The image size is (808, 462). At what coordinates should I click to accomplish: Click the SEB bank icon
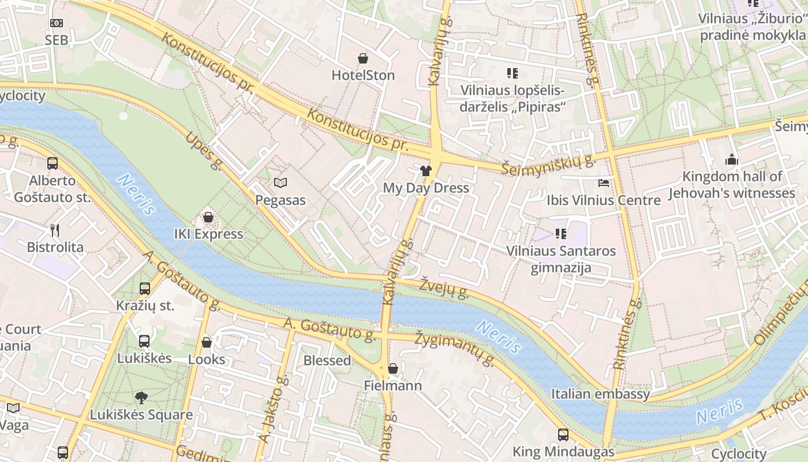click(x=56, y=23)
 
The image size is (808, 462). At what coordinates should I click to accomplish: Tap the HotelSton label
click(x=363, y=75)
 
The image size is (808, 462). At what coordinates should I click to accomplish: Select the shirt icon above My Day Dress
click(x=426, y=170)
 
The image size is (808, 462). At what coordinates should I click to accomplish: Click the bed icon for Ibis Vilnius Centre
click(x=604, y=183)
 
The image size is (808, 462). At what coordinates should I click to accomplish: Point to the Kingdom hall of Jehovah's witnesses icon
click(x=732, y=159)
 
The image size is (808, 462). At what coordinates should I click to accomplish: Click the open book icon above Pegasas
click(x=280, y=183)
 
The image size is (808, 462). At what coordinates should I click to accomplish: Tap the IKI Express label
click(x=208, y=234)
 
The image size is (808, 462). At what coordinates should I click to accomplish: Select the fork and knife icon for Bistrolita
click(x=55, y=230)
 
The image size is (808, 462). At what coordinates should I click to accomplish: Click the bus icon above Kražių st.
click(x=145, y=288)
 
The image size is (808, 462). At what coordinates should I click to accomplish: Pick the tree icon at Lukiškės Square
click(x=141, y=397)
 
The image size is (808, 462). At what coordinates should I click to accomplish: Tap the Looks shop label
click(x=207, y=359)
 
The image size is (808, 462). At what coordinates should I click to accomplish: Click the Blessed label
click(x=327, y=360)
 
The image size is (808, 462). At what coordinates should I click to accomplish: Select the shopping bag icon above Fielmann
click(x=393, y=368)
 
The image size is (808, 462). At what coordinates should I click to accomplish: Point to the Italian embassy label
click(x=600, y=394)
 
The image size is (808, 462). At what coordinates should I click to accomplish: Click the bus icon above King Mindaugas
click(x=563, y=435)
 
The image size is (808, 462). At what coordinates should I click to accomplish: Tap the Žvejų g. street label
click(x=443, y=288)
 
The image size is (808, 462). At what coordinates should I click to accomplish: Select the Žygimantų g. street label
click(x=456, y=349)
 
